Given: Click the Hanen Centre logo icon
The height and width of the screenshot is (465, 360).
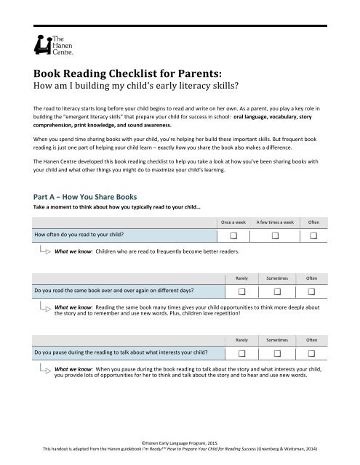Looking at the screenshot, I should coord(38,45).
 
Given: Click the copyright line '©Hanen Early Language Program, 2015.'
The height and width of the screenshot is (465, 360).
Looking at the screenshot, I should coord(180,442).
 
